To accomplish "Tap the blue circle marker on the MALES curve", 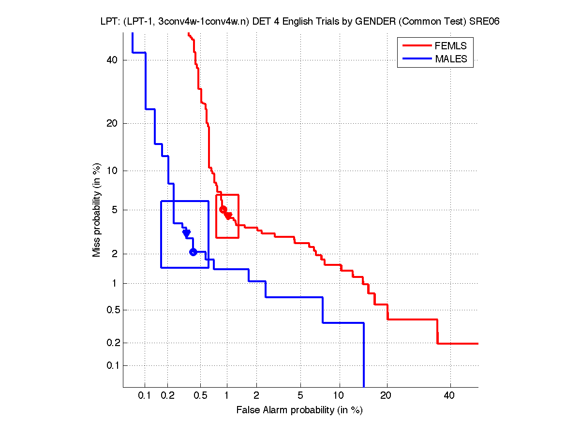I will point(193,252).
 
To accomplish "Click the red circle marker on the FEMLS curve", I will point(223,209).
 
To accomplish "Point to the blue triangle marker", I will point(186,233).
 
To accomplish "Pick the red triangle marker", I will point(228,216).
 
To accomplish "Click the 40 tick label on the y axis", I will point(113,60).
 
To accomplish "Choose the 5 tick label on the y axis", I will point(115,210).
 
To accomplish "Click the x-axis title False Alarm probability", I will point(299,410).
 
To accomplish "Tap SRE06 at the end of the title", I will point(486,21).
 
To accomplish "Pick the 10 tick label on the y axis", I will point(113,171).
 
